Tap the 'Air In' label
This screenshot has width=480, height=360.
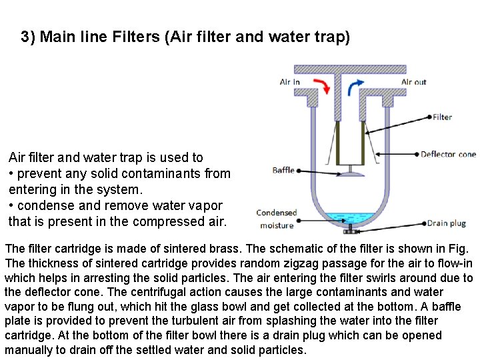(289, 82)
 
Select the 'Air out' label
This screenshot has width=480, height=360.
(413, 82)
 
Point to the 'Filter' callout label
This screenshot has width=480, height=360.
(442, 117)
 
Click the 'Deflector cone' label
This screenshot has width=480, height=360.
(448, 155)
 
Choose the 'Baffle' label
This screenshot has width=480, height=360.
(283, 170)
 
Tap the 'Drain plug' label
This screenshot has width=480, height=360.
(446, 223)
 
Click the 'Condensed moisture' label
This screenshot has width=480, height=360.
(276, 219)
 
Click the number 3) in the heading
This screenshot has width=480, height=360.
(28, 37)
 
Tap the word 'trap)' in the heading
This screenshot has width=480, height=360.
(331, 37)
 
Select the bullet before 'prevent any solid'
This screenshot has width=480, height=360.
(11, 174)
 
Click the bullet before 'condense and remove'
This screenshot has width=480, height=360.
(11, 206)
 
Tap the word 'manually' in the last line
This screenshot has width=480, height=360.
(29, 350)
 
